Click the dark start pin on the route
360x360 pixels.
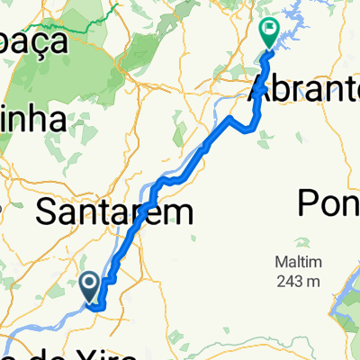point(92,286)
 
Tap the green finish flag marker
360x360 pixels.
point(269,32)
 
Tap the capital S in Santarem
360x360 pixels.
point(46,212)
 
